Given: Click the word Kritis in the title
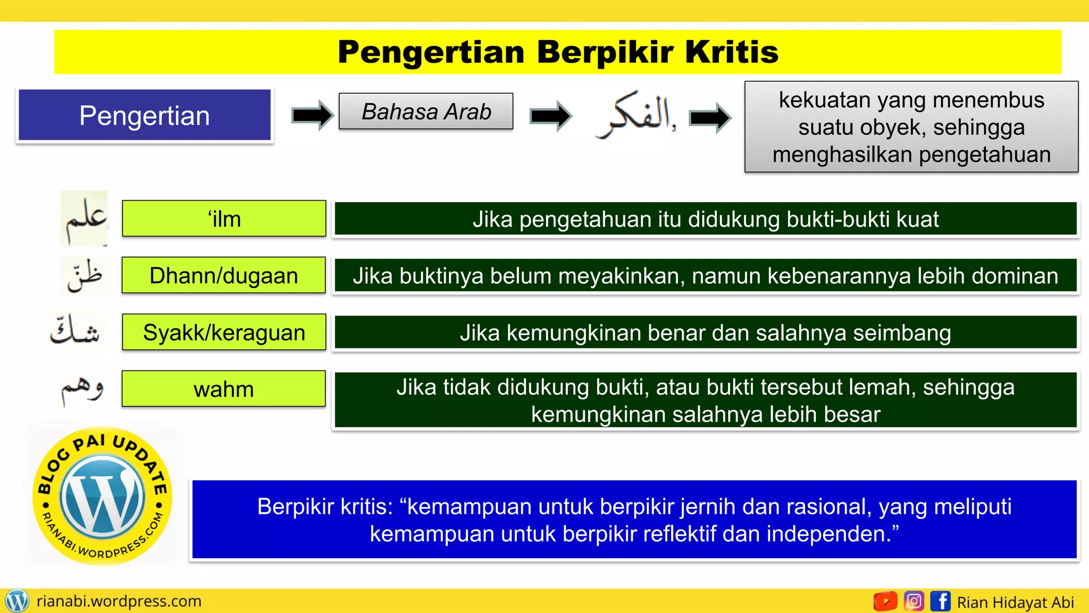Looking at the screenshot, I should [732, 52].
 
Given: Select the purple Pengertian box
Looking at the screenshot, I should [145, 115].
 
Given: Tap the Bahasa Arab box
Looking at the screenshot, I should [426, 112].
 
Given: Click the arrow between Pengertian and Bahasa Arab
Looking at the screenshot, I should [313, 115].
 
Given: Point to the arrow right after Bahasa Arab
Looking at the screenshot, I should [551, 115].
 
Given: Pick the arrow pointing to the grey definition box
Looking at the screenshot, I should [710, 117].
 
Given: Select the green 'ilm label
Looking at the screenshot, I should [224, 219].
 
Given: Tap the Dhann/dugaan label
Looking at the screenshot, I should [224, 276].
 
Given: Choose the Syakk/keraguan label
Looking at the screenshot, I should [224, 333].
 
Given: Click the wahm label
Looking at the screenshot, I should [224, 390].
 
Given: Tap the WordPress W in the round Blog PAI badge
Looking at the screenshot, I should [103, 498].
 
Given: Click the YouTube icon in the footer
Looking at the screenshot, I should [885, 602].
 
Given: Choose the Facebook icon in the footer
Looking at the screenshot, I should [941, 602].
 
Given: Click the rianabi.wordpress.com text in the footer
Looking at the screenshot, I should [119, 601].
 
